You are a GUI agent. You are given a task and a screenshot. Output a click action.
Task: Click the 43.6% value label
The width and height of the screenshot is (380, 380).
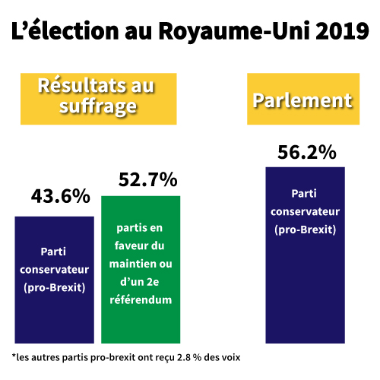click(x=60, y=196)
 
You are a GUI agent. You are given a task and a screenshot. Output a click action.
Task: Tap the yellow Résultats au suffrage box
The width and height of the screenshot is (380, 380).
click(x=97, y=96)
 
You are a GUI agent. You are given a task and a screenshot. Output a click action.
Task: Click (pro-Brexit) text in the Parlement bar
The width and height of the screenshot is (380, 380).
click(x=304, y=229)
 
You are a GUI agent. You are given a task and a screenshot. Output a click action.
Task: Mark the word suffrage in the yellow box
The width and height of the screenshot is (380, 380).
click(x=97, y=106)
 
